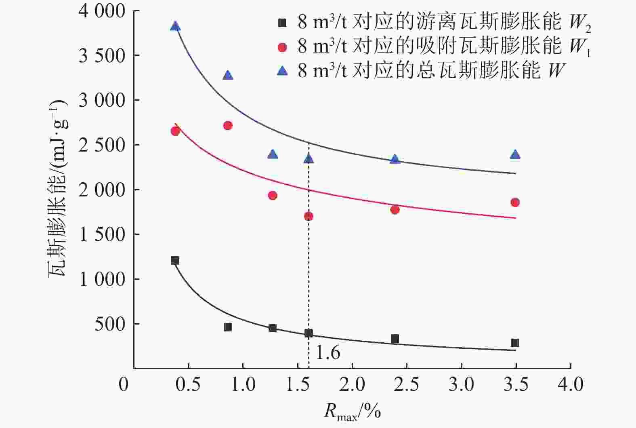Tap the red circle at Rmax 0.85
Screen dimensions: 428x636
[228, 126]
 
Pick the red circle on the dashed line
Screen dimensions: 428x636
[309, 216]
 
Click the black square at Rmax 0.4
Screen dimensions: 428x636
[175, 261]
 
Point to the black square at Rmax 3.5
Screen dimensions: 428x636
[515, 343]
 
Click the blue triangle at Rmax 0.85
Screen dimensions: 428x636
[228, 76]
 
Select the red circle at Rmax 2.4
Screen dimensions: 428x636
[395, 210]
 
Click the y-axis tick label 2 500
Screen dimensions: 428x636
[103, 145]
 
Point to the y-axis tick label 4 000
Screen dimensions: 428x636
[103, 11]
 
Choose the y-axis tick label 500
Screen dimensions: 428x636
[110, 324]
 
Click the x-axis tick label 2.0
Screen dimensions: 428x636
[352, 384]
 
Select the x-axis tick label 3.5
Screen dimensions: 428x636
[516, 384]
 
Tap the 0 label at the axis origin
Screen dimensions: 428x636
[124, 384]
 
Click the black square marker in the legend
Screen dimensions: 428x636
[283, 23]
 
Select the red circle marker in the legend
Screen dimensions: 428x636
[283, 47]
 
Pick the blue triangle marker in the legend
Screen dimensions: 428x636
[283, 71]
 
